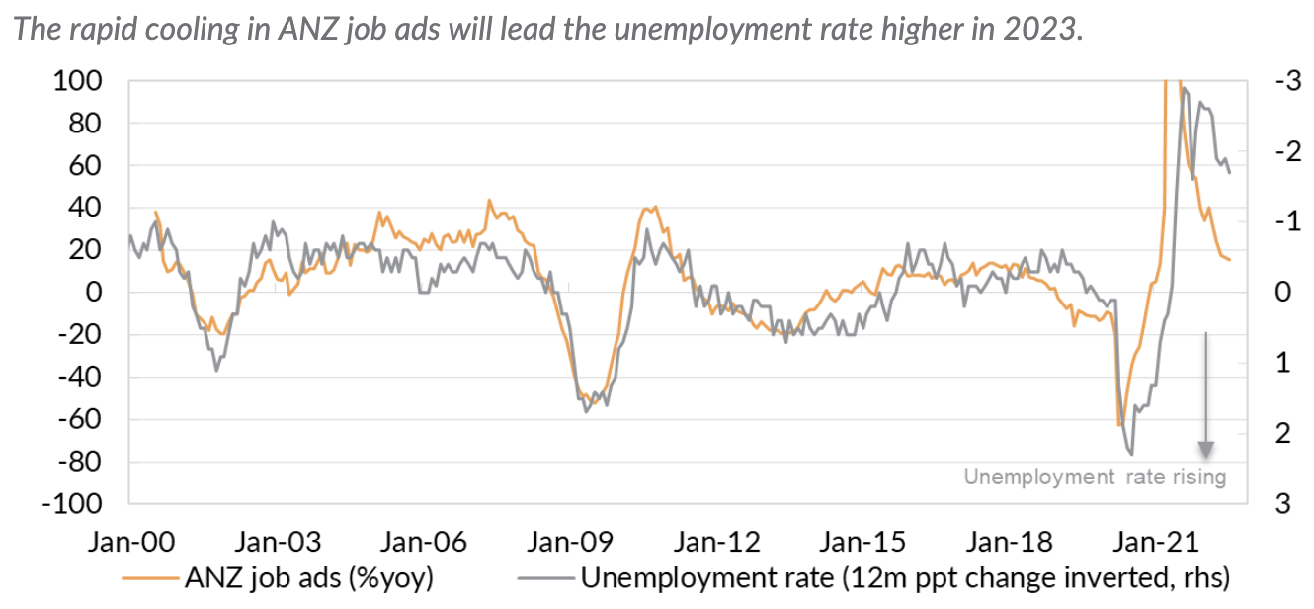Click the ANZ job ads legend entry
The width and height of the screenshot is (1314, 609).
click(308, 577)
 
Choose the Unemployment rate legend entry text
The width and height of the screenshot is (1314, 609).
click(903, 577)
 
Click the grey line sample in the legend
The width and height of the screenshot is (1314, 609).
click(545, 577)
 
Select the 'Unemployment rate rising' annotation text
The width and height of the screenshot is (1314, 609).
click(1095, 477)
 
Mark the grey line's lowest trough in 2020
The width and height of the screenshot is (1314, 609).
click(1130, 454)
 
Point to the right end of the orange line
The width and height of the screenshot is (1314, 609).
click(1229, 259)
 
